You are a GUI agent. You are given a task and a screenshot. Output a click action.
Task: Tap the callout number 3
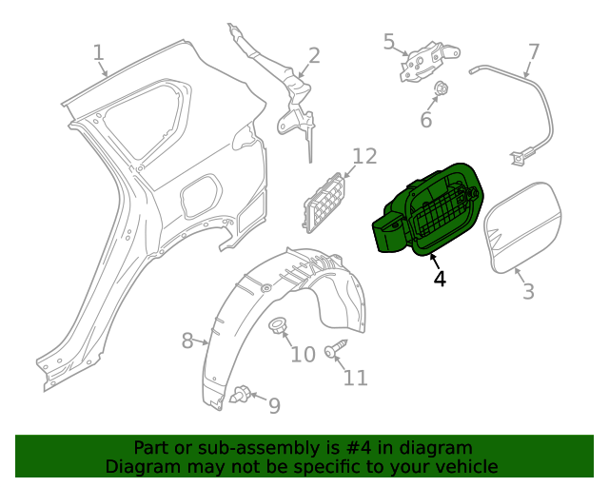529,291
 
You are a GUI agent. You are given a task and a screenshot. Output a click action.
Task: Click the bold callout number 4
439,279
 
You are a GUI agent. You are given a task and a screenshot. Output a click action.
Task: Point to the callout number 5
389,41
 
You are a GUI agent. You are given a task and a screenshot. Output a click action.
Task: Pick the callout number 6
426,120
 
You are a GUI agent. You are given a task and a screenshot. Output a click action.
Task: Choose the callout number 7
533,51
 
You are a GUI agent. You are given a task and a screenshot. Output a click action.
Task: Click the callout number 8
187,339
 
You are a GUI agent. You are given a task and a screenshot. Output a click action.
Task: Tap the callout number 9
274,406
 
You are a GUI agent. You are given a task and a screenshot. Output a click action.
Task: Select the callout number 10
302,355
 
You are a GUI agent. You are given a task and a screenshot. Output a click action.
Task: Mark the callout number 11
355,378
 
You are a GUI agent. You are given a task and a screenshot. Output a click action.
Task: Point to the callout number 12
364,156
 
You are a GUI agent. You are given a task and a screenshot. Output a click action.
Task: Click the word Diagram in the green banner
141,466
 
